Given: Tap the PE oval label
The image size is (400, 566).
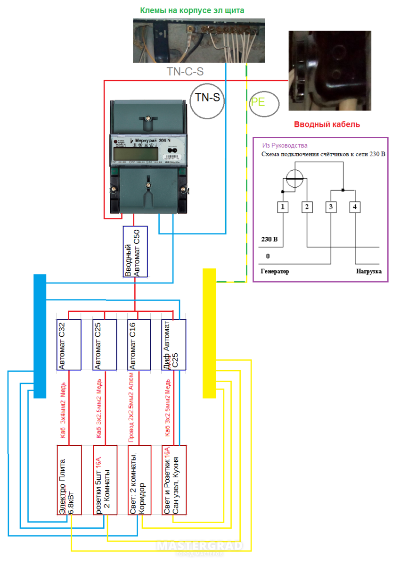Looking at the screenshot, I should click(x=264, y=102).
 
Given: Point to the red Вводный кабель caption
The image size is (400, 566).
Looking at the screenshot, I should click(x=327, y=125).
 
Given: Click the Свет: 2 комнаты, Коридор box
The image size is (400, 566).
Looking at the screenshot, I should click(x=139, y=479).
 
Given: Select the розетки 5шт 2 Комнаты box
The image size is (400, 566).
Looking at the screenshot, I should click(x=105, y=479).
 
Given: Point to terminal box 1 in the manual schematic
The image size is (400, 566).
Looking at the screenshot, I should click(x=282, y=207).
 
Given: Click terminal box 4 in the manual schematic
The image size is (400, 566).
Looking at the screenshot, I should click(x=355, y=207).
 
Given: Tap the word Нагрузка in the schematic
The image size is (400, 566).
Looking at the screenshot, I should click(x=368, y=272).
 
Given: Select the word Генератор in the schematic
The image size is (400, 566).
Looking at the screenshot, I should click(x=275, y=272).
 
